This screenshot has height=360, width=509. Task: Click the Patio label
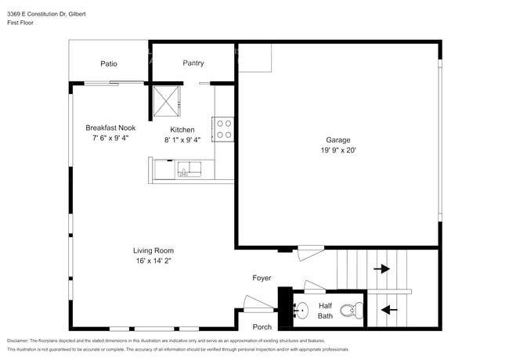[x=109, y=63]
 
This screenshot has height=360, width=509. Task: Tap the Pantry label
[x=193, y=63]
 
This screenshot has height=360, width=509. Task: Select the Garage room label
[x=338, y=139]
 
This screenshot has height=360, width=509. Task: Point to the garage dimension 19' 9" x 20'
[x=338, y=149]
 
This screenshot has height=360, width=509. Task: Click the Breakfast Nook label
[x=111, y=128]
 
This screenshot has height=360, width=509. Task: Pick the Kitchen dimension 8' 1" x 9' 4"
[x=182, y=140]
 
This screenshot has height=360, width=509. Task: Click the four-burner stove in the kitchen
[x=223, y=128]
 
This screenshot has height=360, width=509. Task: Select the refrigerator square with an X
[x=166, y=100]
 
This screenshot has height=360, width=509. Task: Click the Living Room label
[x=153, y=250]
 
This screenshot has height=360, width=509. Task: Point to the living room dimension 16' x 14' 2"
[x=153, y=261]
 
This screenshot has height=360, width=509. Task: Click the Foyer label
[x=262, y=278]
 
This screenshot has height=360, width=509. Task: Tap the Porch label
[x=262, y=327]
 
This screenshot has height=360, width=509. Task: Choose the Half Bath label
[x=325, y=311]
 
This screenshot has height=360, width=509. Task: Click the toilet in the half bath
[x=354, y=310]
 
